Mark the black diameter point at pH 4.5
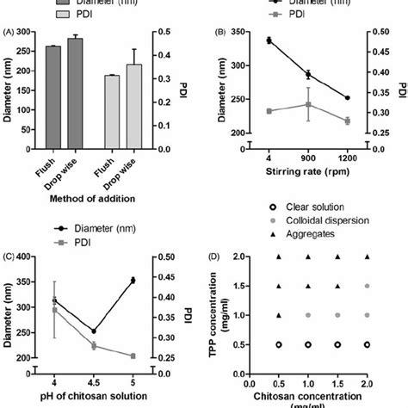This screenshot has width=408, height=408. coord(94,331)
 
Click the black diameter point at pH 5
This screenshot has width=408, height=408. coord(132,280)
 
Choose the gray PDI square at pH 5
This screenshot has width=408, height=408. coord(132,355)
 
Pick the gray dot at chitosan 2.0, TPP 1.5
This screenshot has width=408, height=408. coord(368,286)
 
